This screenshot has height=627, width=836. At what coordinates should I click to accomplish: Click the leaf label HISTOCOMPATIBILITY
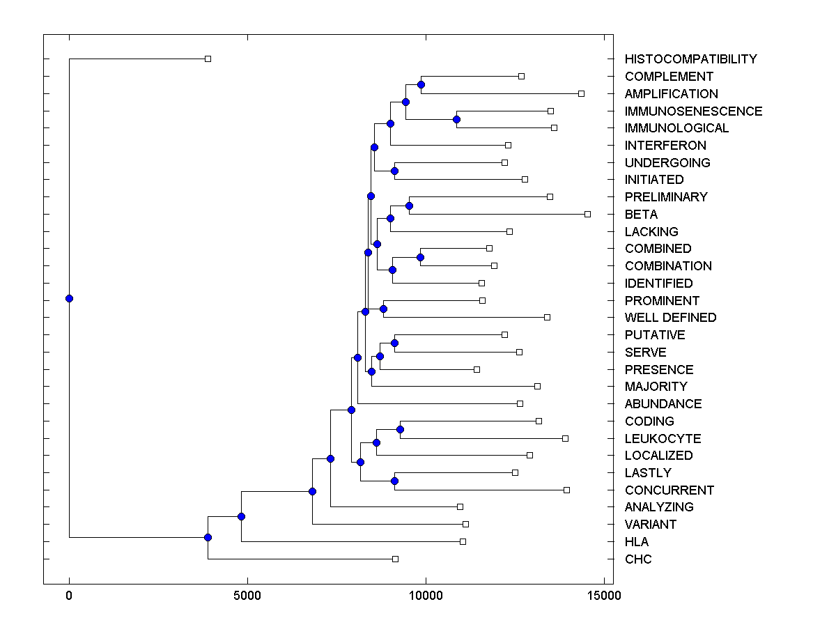pos(690,59)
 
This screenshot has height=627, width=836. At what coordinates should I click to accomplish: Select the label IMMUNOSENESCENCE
pos(693,111)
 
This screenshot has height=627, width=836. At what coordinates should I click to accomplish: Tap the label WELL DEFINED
pos(670,318)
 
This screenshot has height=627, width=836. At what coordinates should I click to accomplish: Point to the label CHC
pos(638,559)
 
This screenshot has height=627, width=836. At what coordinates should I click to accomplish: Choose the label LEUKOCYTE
pos(663,439)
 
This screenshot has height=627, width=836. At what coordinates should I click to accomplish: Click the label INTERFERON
pos(665,146)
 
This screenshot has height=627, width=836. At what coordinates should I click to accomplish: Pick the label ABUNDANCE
pos(663,404)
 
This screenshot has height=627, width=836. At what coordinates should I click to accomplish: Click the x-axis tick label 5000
pos(247,595)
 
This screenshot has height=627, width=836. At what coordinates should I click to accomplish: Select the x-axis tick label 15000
pos(603,595)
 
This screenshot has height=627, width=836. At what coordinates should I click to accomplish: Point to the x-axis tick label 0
pos(69,595)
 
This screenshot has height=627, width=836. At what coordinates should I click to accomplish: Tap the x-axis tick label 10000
pos(425,595)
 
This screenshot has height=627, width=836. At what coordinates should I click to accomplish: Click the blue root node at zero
pos(69,298)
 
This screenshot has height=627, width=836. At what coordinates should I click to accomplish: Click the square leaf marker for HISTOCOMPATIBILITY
pos(208,59)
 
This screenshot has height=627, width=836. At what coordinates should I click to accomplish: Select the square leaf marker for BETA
pos(587,214)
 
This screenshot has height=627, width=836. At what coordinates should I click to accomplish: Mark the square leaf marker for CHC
pos(395,559)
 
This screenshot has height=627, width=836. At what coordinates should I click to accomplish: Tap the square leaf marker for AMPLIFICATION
pos(582,93)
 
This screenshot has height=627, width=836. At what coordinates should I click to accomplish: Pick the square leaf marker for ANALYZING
pos(460,506)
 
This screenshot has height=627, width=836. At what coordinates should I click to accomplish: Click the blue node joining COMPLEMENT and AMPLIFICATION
pos(421,84)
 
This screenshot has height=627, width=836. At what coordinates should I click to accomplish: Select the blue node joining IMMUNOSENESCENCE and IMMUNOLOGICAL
pos(456,119)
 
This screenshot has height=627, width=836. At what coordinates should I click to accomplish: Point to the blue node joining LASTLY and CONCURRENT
pos(394,481)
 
